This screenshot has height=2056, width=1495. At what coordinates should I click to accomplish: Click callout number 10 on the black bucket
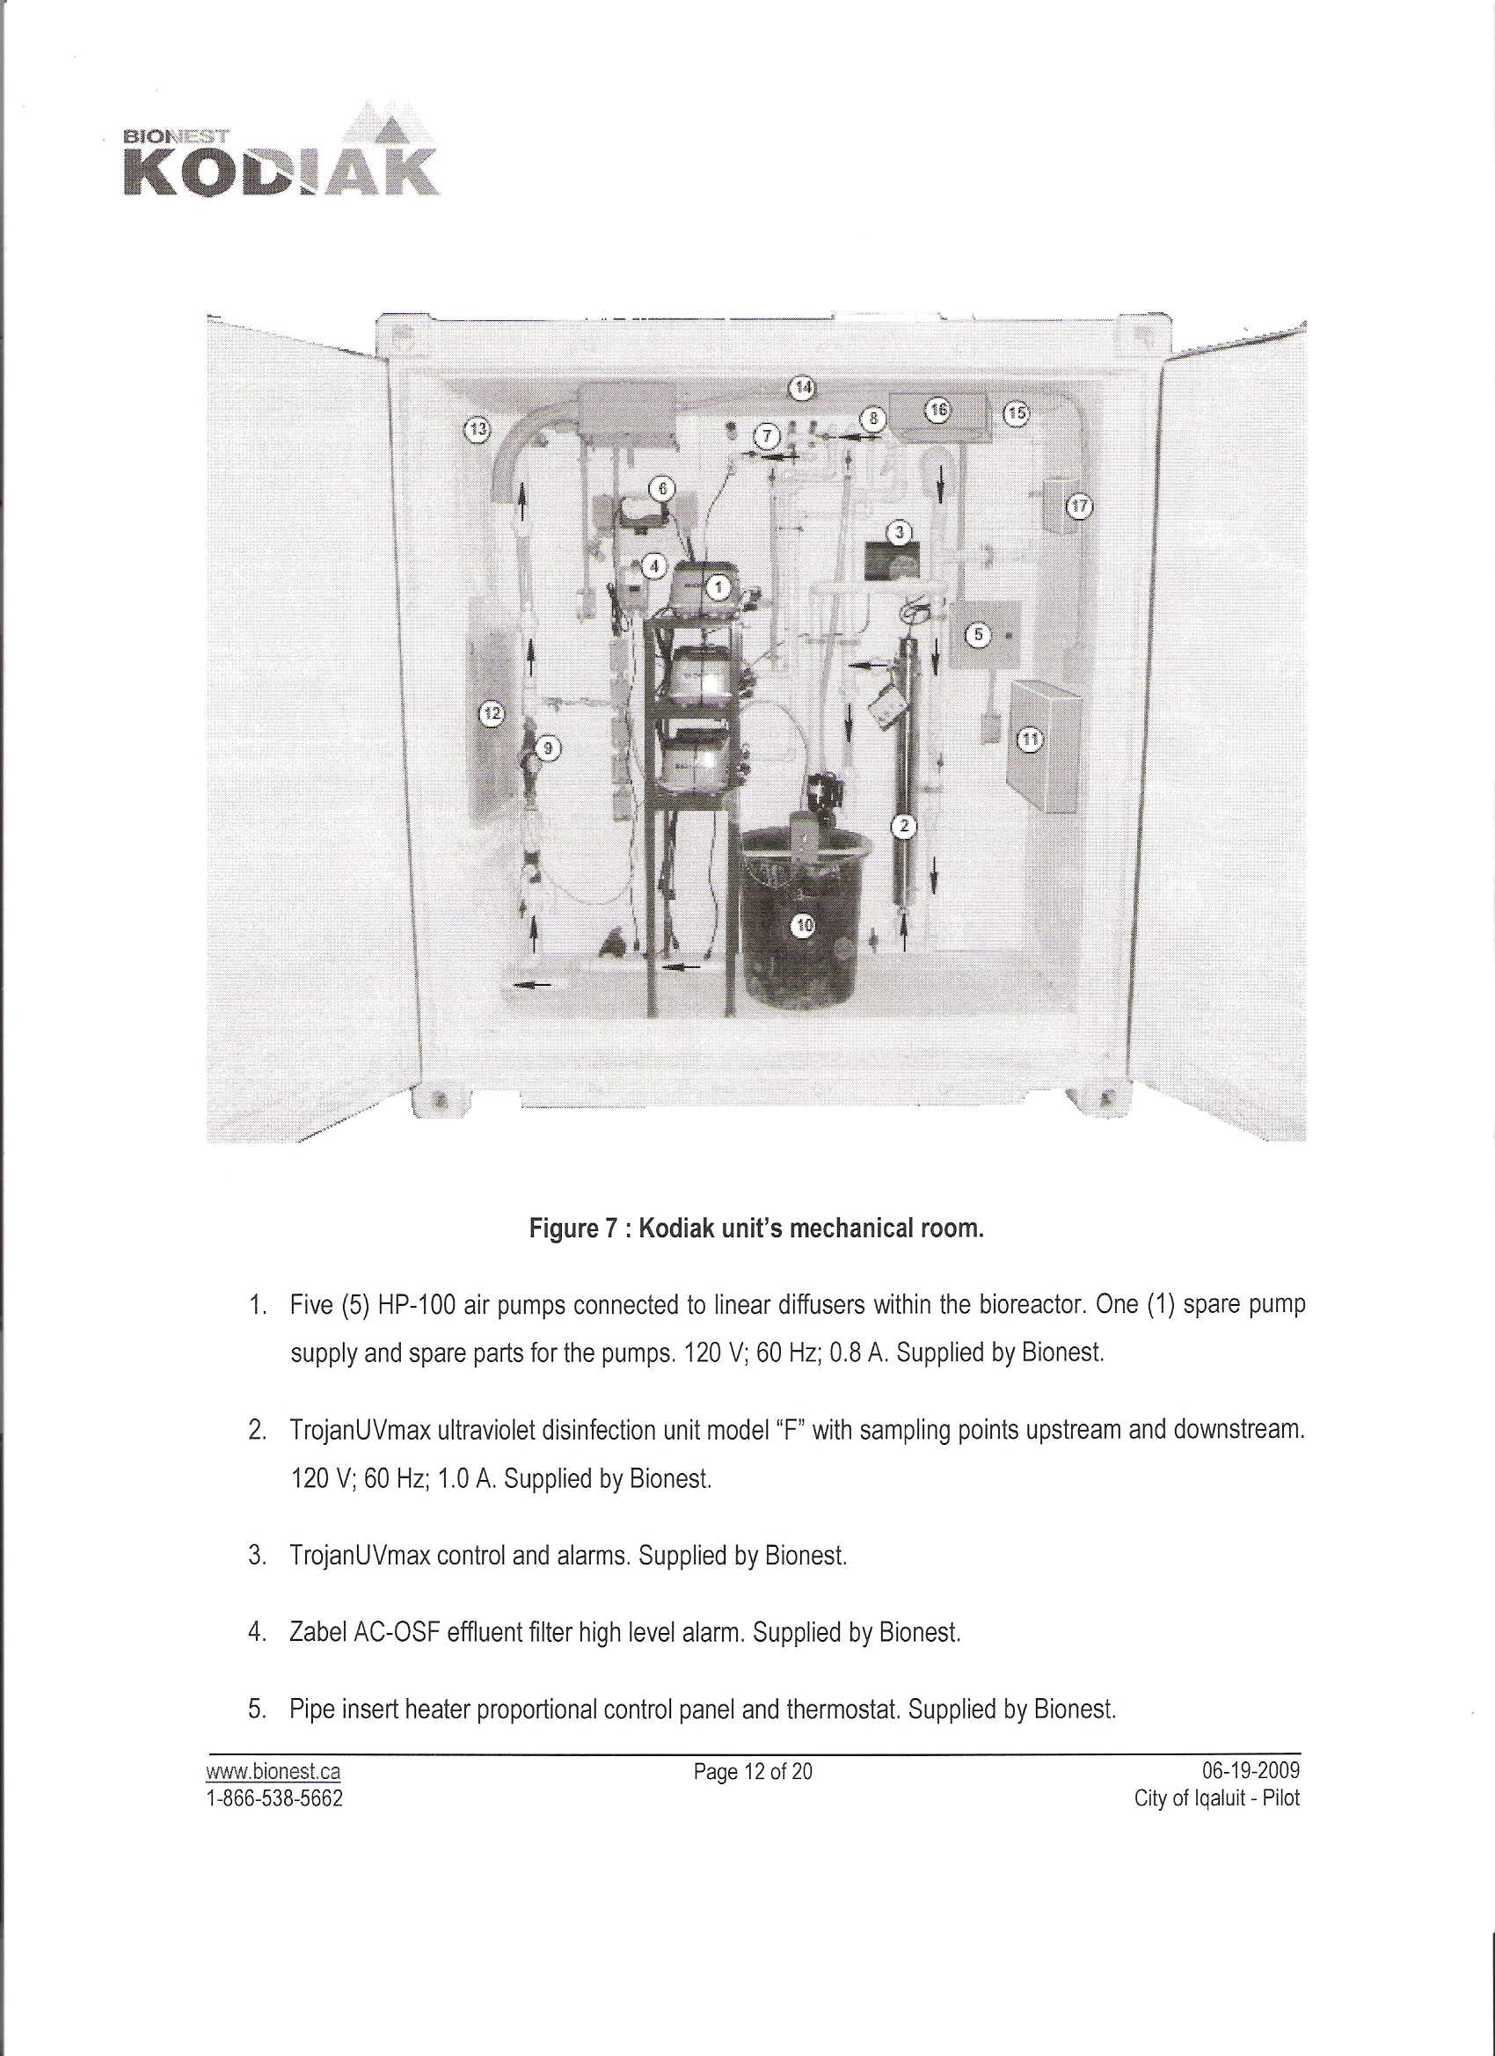[804, 924]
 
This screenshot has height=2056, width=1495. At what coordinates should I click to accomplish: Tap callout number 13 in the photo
[475, 429]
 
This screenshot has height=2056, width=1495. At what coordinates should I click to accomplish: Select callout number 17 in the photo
[1078, 506]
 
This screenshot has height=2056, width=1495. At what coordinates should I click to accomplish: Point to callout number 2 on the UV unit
[904, 825]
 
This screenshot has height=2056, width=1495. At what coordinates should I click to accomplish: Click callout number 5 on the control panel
[977, 635]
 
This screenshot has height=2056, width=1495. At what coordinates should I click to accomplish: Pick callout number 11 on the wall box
[1030, 740]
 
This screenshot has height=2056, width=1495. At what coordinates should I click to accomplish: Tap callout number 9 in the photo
[548, 747]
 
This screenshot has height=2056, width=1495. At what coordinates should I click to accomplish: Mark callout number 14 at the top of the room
[802, 387]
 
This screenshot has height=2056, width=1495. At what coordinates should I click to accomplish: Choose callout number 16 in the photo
[937, 411]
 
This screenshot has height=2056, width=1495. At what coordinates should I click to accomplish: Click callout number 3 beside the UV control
[899, 532]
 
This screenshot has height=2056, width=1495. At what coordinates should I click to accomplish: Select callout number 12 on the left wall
[491, 715]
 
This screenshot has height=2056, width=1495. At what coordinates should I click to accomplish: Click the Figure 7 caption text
[756, 1229]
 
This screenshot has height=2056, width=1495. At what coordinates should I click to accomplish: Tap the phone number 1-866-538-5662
[275, 1792]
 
